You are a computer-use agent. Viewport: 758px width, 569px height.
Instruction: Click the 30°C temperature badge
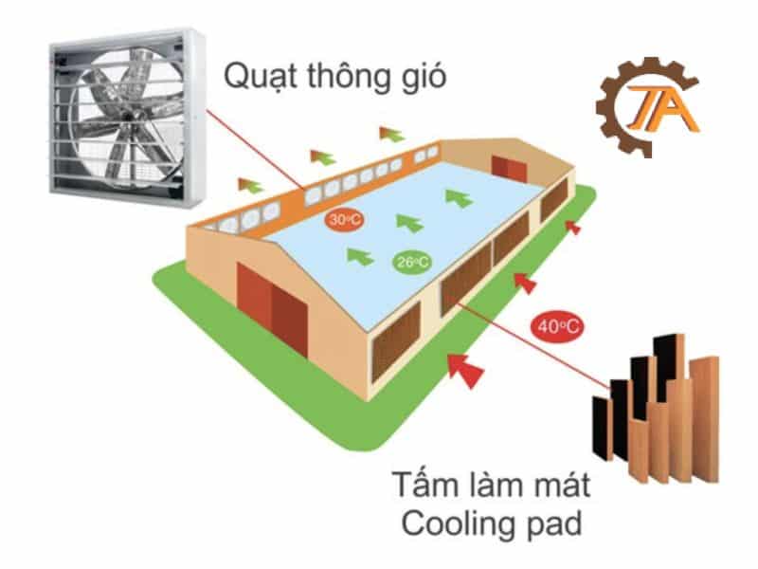pyautogui.click(x=340, y=220)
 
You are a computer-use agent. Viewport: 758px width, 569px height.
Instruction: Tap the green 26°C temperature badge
pyautogui.click(x=409, y=261)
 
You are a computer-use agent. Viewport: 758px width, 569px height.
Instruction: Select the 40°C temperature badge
pyautogui.click(x=557, y=326)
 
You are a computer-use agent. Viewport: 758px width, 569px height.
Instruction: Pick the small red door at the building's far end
pyautogui.click(x=513, y=168)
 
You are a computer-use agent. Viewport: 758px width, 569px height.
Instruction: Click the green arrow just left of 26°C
pyautogui.click(x=358, y=254)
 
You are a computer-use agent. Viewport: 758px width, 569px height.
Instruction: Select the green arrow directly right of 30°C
pyautogui.click(x=408, y=222)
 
